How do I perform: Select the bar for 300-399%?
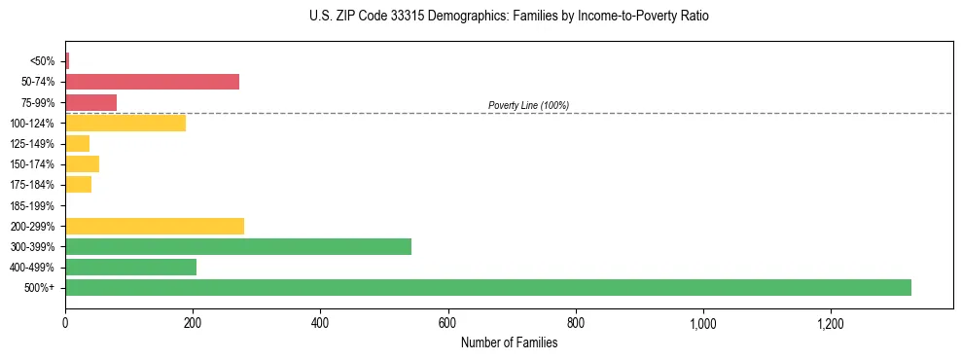pyautogui.click(x=238, y=246)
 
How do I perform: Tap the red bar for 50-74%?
pyautogui.click(x=152, y=82)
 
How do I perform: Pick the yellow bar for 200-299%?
pyautogui.click(x=155, y=226)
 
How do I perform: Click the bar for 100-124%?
pyautogui.click(x=125, y=123)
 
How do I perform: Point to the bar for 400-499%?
pyautogui.click(x=130, y=267)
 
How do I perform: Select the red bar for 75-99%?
pyautogui.click(x=90, y=102)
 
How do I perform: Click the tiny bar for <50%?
pyautogui.click(x=67, y=61)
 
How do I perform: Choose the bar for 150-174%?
pyautogui.click(x=82, y=163)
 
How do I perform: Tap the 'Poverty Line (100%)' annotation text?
pyautogui.click(x=528, y=105)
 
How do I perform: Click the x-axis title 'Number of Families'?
pyautogui.click(x=509, y=342)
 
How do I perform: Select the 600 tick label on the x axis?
pyautogui.click(x=447, y=323)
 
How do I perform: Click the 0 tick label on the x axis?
pyautogui.click(x=65, y=323)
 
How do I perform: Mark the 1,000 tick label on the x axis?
pyautogui.click(x=702, y=323)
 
